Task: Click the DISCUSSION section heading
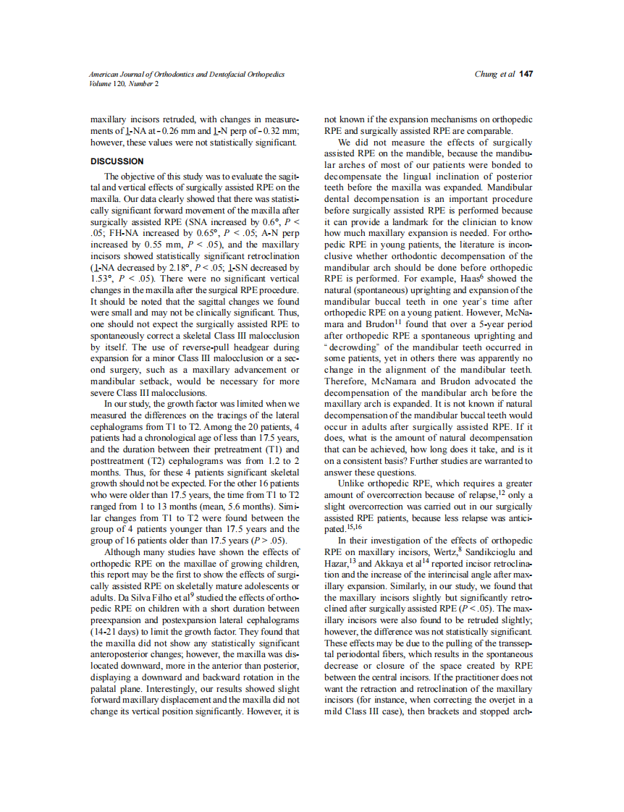click(117, 161)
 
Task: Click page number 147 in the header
click(526, 75)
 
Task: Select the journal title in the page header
click(187, 75)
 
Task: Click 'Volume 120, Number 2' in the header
click(124, 83)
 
